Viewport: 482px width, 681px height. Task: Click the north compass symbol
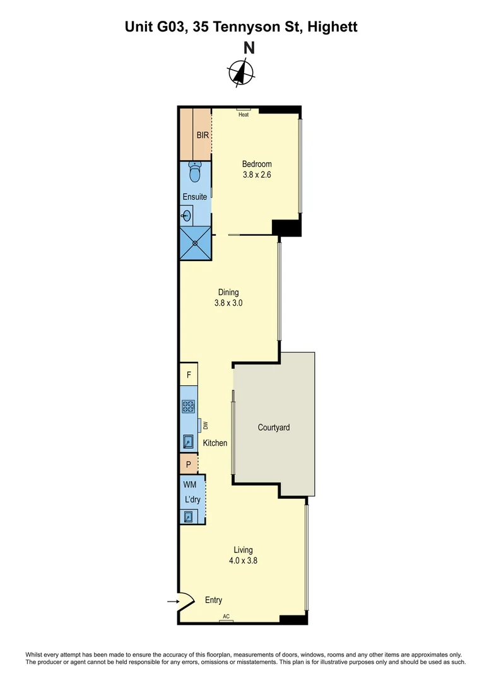(241, 73)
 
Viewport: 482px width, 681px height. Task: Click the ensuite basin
(187, 216)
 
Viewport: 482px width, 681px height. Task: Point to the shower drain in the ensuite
(195, 243)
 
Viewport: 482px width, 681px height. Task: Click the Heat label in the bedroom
(244, 115)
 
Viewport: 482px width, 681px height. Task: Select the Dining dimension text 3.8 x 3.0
(228, 303)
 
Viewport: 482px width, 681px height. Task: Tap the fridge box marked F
(189, 375)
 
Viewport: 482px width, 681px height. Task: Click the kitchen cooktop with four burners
(188, 407)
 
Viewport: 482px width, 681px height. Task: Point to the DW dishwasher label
(205, 427)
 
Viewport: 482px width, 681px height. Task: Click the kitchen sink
(188, 441)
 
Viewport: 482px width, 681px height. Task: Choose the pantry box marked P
(188, 464)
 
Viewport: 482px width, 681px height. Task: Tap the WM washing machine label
(189, 485)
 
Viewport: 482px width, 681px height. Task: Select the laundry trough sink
(188, 517)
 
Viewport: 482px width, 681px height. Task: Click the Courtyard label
(274, 428)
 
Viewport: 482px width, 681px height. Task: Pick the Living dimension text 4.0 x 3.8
(244, 561)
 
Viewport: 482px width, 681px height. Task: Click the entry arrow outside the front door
(172, 602)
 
